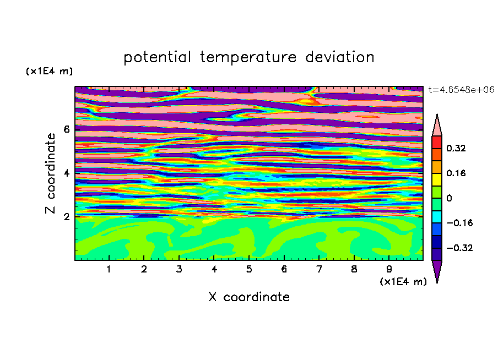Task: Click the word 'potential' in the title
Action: pos(157,57)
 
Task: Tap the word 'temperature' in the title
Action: pos(248,57)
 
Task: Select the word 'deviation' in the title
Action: pos(339,57)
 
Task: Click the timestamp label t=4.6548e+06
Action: pos(461,90)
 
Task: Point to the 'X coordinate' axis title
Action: pos(249,297)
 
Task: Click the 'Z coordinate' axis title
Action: pos(50,173)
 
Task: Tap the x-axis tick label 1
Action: pos(109,269)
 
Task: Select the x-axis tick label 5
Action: pos(249,269)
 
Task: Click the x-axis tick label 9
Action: pos(389,269)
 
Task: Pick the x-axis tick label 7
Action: pos(319,269)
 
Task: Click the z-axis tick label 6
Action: pos(66,129)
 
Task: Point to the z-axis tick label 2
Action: pos(66,217)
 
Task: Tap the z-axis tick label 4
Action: pos(66,173)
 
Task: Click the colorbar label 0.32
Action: pos(456,148)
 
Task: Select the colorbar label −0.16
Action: pos(459,223)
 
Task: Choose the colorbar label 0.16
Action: pos(456,173)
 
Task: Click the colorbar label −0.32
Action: pos(459,248)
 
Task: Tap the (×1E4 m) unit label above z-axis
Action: pos(49,71)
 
